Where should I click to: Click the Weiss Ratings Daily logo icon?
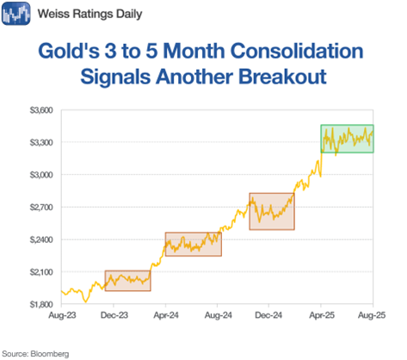[16, 14]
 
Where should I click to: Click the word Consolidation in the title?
[297, 51]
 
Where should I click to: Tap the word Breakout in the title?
[282, 77]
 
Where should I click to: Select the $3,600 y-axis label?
[41, 110]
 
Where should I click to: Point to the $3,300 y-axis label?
[41, 142]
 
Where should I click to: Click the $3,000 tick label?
[41, 175]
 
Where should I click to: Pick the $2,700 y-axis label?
[41, 207]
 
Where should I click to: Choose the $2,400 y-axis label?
[41, 239]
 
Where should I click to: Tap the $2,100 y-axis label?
[41, 272]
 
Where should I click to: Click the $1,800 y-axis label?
[41, 304]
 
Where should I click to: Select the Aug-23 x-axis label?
[62, 315]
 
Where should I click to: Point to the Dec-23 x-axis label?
[114, 315]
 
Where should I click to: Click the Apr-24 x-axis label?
[166, 315]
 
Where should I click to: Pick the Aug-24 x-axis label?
[218, 315]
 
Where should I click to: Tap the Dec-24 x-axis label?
[268, 315]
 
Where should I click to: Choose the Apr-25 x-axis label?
[322, 315]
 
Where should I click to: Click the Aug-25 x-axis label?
[372, 315]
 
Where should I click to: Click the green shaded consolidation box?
[347, 139]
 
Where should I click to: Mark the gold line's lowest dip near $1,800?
[85, 301]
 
